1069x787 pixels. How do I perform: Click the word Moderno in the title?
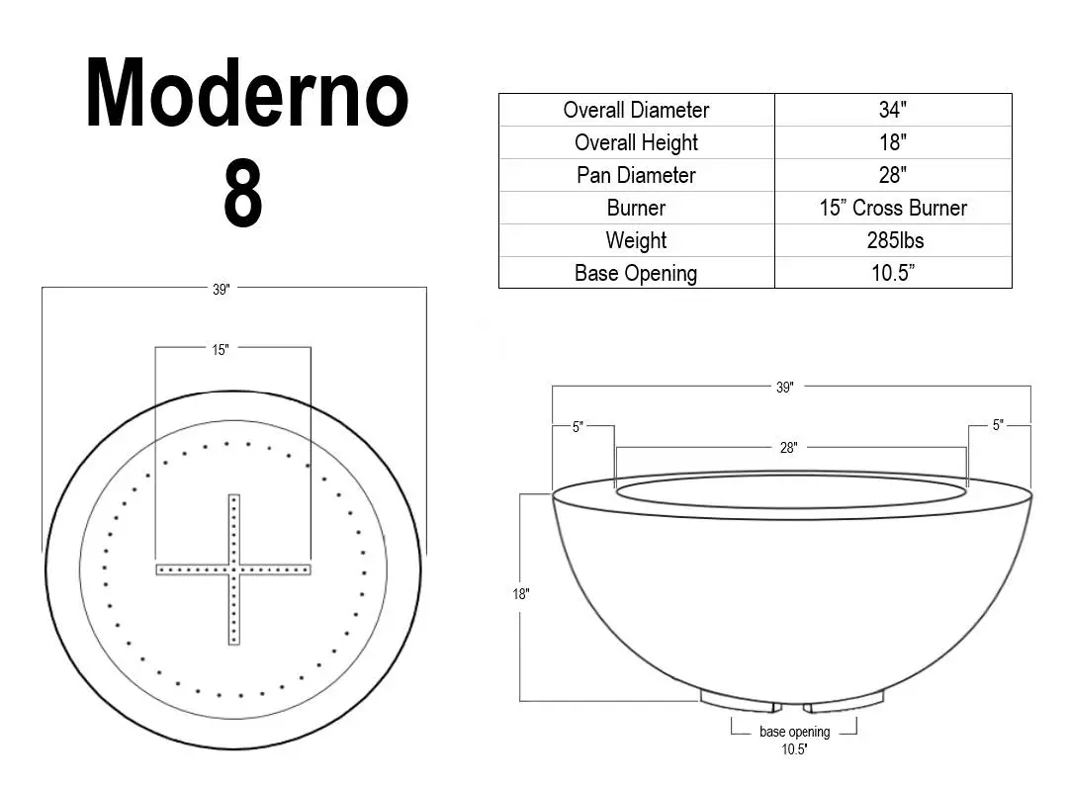246,95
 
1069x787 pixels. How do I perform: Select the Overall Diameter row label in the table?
636,110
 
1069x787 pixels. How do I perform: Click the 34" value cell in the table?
892,110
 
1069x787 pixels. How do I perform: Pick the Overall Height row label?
636,142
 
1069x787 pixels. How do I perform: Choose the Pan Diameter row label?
636,175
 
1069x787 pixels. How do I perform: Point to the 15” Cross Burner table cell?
892,208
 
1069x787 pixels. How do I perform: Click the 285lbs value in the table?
892,240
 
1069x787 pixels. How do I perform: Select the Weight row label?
636,240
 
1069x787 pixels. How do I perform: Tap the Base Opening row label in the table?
636,273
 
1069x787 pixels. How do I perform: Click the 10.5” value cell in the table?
892,273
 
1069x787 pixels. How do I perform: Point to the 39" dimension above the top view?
221,289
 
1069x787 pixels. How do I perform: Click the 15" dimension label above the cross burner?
220,349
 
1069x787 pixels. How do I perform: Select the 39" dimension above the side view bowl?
784,388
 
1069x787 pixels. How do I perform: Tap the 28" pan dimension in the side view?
788,448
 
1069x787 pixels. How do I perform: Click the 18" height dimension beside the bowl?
520,594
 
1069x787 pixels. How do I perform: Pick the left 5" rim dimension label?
578,426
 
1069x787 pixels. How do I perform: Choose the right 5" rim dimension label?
999,426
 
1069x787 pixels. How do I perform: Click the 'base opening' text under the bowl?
794,733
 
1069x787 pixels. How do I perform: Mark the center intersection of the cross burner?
234,569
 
